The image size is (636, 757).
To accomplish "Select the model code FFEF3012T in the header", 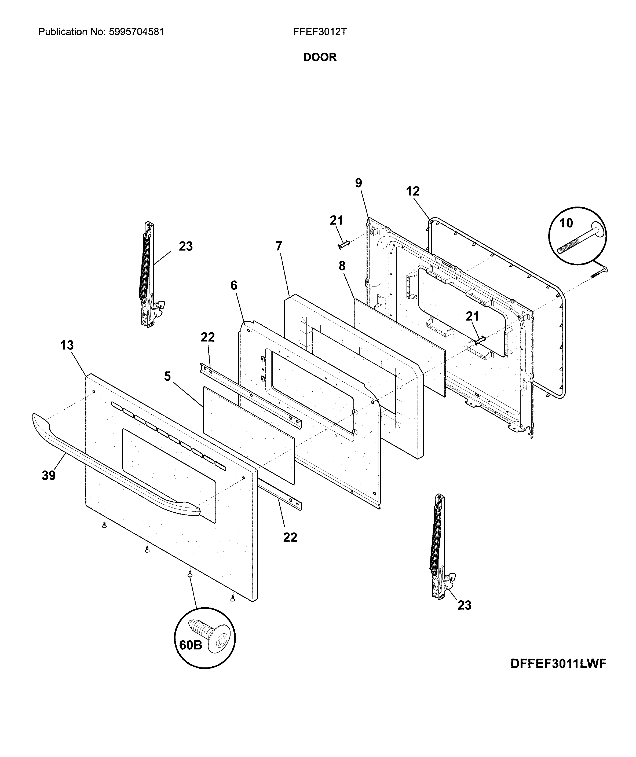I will click(x=320, y=32).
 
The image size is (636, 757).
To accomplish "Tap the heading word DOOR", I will click(x=320, y=57).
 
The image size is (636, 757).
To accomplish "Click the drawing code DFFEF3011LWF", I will click(x=558, y=664).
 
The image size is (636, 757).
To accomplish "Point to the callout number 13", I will click(x=67, y=345).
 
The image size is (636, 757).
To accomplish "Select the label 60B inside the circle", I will click(x=191, y=645).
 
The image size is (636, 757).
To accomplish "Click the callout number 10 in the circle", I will click(x=566, y=223).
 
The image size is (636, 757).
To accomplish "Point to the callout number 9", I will click(x=358, y=183).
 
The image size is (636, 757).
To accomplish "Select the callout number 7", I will click(x=279, y=246).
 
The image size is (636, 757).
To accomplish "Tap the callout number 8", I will click(x=342, y=266).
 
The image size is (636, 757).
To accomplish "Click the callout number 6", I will click(x=234, y=285).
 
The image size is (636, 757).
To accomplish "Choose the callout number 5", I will click(x=167, y=376).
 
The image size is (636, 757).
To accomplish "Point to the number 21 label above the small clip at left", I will click(x=337, y=220).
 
